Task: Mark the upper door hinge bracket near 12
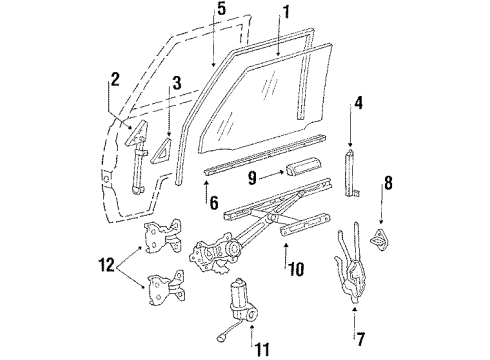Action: [161, 237]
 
